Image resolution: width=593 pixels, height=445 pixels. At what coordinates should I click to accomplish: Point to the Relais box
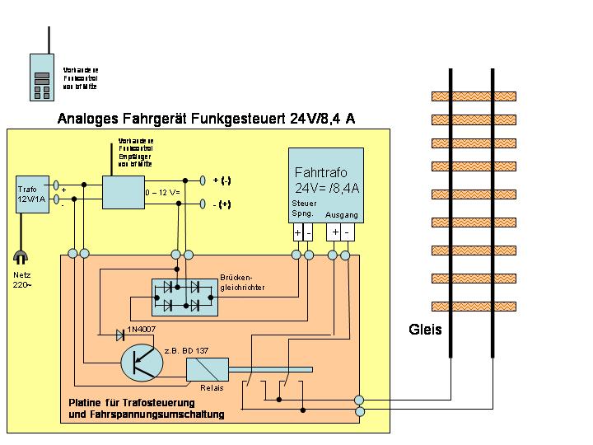pyautogui.click(x=207, y=369)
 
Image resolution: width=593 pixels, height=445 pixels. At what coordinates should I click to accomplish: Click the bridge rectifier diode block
pyautogui.click(x=182, y=295)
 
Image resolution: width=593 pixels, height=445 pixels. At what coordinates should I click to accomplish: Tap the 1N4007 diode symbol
pyautogui.click(x=120, y=335)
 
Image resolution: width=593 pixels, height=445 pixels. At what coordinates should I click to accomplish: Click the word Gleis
pyautogui.click(x=425, y=330)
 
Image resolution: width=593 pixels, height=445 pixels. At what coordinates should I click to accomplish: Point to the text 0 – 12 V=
pyautogui.click(x=164, y=193)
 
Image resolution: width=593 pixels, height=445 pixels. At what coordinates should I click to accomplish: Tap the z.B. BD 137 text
pyautogui.click(x=187, y=350)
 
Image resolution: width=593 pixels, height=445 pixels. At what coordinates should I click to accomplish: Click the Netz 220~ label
pyautogui.click(x=23, y=280)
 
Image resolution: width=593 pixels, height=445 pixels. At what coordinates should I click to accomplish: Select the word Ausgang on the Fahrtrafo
pyautogui.click(x=341, y=214)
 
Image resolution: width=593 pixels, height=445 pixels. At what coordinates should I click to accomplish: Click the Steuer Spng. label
pyautogui.click(x=302, y=208)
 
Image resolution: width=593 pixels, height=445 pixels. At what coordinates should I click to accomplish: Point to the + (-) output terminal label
pyautogui.click(x=222, y=180)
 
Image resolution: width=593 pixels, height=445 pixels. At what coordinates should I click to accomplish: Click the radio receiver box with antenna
pyautogui.click(x=122, y=191)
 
